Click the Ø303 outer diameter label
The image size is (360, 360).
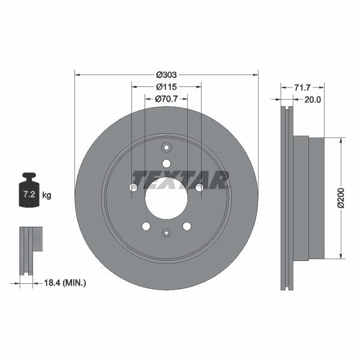(x=166, y=75)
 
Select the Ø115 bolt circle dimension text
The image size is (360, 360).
(x=166, y=87)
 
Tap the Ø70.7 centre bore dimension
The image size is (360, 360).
(x=166, y=99)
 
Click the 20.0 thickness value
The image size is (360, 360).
(x=313, y=100)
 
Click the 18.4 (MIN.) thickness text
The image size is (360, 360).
(x=67, y=281)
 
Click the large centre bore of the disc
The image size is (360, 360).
(x=166, y=198)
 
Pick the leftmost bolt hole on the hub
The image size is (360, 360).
(x=133, y=188)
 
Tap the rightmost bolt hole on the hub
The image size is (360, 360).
(x=199, y=188)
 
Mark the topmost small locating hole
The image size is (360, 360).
(x=166, y=148)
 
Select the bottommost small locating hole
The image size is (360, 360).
(x=166, y=233)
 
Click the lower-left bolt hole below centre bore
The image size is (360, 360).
(x=146, y=226)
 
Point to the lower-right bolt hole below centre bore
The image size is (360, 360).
(x=187, y=226)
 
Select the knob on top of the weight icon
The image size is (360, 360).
(x=28, y=176)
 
